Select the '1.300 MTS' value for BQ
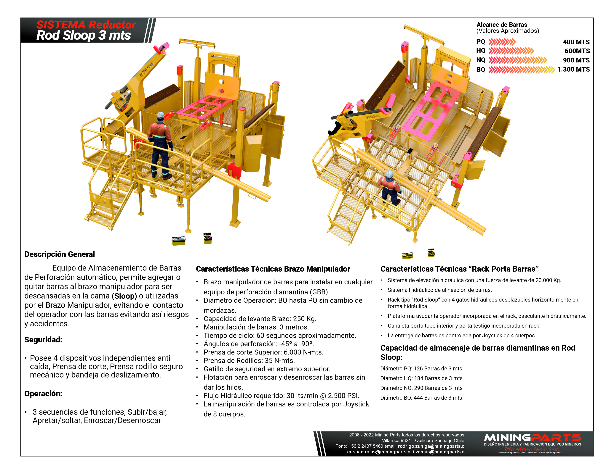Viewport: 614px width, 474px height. pos(573,69)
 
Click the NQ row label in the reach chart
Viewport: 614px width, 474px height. pos(481,60)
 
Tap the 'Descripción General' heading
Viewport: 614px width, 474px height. pos(60,254)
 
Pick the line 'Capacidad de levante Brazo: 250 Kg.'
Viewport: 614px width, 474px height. pos(260,319)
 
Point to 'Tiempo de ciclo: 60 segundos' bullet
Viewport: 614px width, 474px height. pos(280,336)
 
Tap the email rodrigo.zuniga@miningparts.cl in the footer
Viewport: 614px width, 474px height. pos(431,446)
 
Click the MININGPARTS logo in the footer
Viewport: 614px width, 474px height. pos(532,438)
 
